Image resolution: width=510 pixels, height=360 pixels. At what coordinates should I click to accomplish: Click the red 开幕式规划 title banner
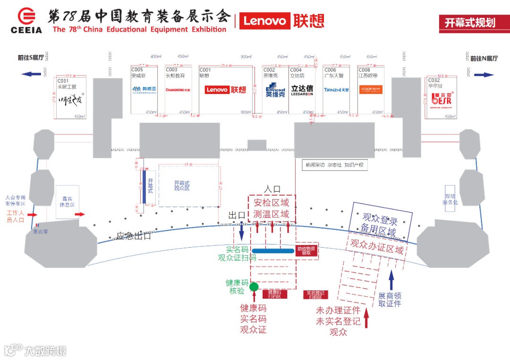(469, 23)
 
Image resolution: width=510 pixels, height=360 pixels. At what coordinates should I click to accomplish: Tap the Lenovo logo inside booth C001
(226, 90)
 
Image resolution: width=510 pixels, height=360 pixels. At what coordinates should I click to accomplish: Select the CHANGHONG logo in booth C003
(178, 90)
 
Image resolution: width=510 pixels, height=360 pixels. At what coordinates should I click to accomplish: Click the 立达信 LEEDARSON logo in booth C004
(302, 90)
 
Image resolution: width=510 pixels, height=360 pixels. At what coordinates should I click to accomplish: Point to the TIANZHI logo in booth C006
(336, 90)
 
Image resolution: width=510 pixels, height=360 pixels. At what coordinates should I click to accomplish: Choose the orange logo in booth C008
(370, 89)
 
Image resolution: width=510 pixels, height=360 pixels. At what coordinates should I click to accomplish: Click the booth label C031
(63, 81)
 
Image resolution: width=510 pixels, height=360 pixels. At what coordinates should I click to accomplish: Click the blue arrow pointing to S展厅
(31, 74)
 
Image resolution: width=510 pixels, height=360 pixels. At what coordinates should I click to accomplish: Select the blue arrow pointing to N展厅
(484, 75)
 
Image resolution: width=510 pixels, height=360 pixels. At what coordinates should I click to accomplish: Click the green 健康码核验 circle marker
(254, 286)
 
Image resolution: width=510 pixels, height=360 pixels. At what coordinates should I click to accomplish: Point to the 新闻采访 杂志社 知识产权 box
(335, 165)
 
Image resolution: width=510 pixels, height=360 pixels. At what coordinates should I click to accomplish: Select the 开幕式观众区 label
(182, 185)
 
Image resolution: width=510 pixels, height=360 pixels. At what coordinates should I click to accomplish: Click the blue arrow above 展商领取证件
(391, 280)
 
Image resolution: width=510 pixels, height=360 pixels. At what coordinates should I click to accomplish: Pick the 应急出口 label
(134, 236)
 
